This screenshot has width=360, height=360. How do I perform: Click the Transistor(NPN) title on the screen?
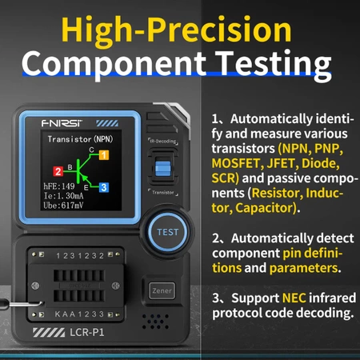click(x=80, y=138)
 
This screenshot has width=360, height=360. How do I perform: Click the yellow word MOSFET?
click(x=243, y=164)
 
